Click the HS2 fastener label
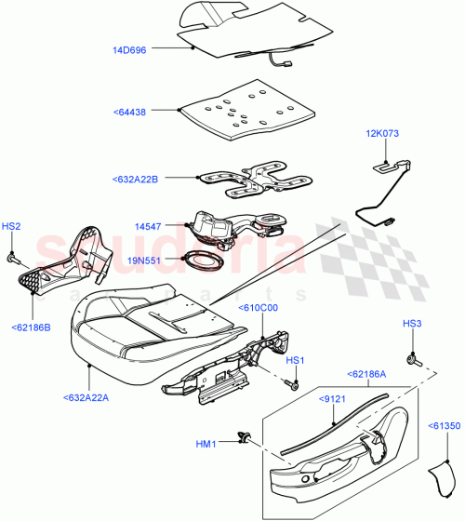coord(10,225)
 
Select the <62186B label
coord(32,327)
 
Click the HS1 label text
coord(295,360)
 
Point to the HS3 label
coord(411,324)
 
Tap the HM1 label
coord(206,445)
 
